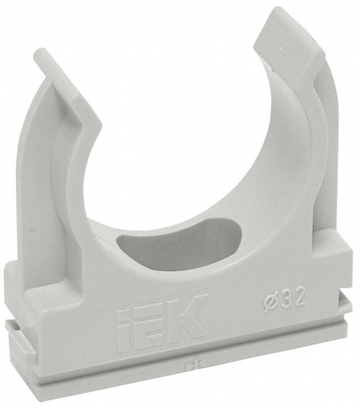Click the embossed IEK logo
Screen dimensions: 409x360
click(161, 315)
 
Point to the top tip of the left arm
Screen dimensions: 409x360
click(45, 55)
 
